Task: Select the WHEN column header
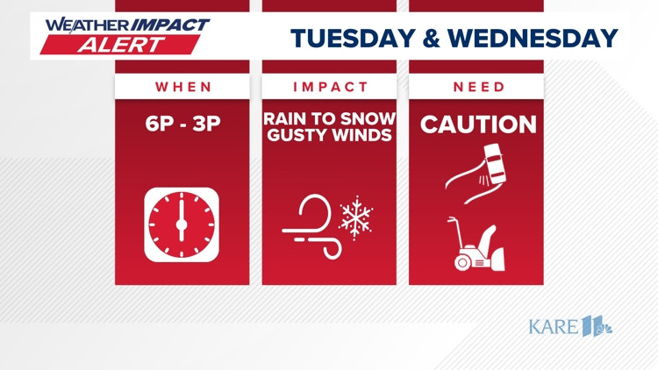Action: pyautogui.click(x=183, y=87)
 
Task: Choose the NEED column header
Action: pyautogui.click(x=478, y=87)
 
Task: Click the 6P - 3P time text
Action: pyautogui.click(x=182, y=124)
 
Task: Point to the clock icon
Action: pyautogui.click(x=182, y=224)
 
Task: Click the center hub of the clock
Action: pyautogui.click(x=182, y=224)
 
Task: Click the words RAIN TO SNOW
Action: pyautogui.click(x=330, y=117)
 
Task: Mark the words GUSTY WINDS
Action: pyautogui.click(x=330, y=135)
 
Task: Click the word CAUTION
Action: pyautogui.click(x=478, y=125)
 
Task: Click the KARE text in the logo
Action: pyautogui.click(x=554, y=327)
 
